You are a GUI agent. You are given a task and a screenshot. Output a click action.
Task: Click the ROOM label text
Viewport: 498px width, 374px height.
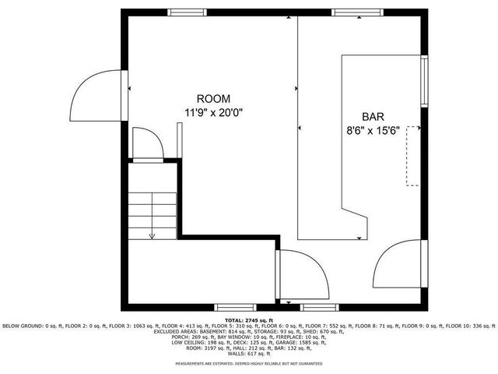click(x=213, y=98)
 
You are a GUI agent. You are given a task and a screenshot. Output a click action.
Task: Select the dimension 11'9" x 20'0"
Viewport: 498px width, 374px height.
click(x=213, y=112)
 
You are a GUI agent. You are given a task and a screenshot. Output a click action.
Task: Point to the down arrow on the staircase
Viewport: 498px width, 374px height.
click(x=152, y=233)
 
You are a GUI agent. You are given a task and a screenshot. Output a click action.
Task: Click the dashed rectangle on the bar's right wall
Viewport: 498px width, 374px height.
click(x=412, y=156)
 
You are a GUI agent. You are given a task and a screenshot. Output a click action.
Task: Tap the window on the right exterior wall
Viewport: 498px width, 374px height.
click(x=424, y=81)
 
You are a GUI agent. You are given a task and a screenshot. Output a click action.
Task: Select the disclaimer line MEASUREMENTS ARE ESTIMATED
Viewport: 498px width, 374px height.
click(x=248, y=364)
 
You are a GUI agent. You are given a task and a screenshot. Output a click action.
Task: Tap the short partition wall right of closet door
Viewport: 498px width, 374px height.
click(x=181, y=145)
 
